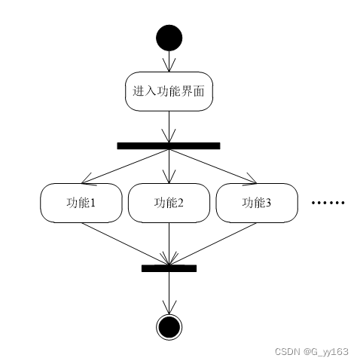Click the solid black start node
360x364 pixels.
(169, 38)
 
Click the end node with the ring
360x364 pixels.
(169, 327)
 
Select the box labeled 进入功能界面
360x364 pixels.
(169, 91)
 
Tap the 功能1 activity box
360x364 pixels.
(81, 203)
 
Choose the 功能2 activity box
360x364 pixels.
(169, 203)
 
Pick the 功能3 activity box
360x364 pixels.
(257, 203)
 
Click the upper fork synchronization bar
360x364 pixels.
(169, 146)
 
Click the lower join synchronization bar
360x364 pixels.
(169, 268)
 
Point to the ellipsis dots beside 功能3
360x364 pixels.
(328, 203)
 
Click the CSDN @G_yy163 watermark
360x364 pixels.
(312, 352)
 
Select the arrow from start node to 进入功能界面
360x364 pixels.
(169, 61)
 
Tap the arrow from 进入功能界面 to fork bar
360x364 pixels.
(169, 127)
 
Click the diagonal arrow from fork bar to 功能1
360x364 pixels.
(125, 167)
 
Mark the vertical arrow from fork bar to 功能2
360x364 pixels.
(169, 167)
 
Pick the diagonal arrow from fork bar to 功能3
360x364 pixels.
(213, 167)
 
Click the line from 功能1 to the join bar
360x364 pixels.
(125, 243)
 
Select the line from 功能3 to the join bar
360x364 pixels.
(213, 243)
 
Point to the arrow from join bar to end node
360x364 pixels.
(169, 292)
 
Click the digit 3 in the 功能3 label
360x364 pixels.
(268, 203)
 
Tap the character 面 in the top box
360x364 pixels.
(199, 91)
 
